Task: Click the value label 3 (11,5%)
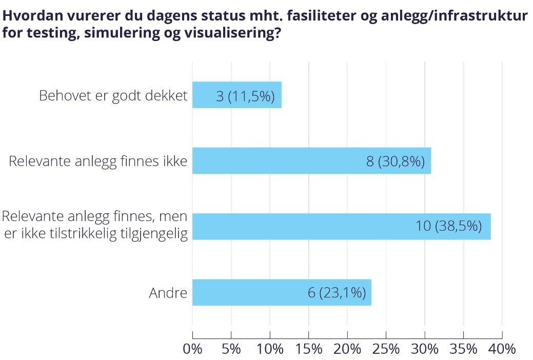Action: pyautogui.click(x=245, y=96)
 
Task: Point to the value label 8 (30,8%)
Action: pyautogui.click(x=395, y=162)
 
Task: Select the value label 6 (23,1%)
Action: pyautogui.click(x=337, y=293)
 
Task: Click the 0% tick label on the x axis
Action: pyautogui.click(x=192, y=349)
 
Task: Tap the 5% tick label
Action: pyautogui.click(x=231, y=349)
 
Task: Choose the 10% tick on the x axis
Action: pyautogui.click(x=270, y=349)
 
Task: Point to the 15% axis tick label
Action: pyautogui.click(x=309, y=349)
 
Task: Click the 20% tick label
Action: pyautogui.click(x=347, y=349)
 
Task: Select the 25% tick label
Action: pyautogui.click(x=386, y=349)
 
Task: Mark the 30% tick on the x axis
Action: pyautogui.click(x=425, y=349)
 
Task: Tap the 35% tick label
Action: pyautogui.click(x=464, y=349)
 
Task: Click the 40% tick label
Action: pyautogui.click(x=502, y=349)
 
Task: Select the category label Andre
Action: pyautogui.click(x=168, y=293)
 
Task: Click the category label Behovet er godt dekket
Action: pyautogui.click(x=113, y=96)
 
